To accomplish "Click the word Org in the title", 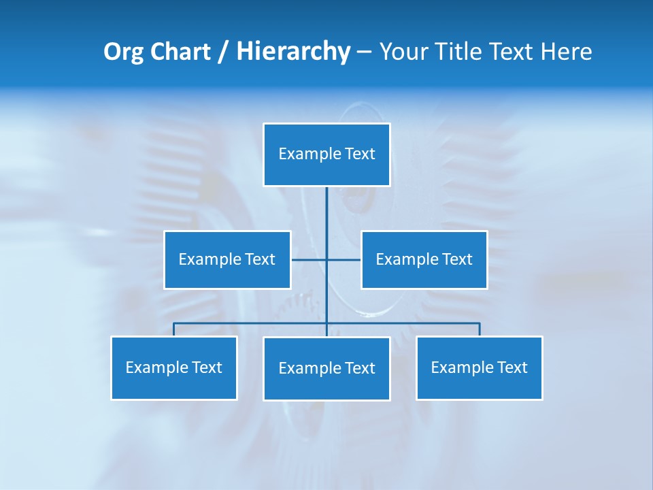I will [123, 52].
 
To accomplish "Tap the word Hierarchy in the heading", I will [293, 52].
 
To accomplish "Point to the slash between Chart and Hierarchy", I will [223, 52].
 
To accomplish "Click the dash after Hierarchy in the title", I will [364, 52].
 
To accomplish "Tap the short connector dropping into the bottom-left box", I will [174, 329].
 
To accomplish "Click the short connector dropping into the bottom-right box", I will [480, 329].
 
